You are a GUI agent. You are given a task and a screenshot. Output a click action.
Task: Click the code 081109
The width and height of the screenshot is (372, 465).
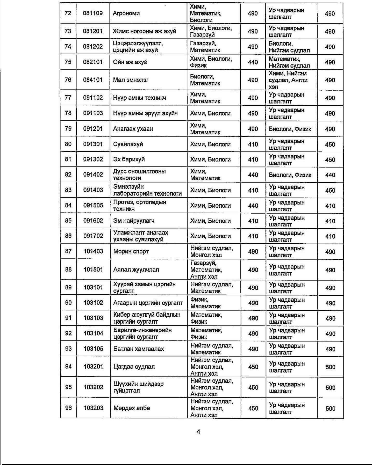coord(93,13)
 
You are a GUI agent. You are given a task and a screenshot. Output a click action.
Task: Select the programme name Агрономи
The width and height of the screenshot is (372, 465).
coord(126,13)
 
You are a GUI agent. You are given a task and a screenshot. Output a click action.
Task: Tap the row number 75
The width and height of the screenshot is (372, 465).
coord(68,62)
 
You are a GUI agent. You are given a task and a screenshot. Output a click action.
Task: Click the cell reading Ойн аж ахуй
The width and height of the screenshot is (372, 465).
coord(130,62)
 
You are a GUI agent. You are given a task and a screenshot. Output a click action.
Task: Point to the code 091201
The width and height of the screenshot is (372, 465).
coord(93,129)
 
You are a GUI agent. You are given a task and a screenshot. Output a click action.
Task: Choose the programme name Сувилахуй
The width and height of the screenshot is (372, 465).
coord(128,144)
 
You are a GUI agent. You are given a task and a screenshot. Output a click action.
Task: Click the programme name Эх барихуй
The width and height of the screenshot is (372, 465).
coord(129,159)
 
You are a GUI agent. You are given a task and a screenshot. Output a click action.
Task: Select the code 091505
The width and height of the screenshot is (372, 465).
coord(93,205)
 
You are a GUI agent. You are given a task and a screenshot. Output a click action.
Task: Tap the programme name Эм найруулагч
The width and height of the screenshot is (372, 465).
coord(134,221)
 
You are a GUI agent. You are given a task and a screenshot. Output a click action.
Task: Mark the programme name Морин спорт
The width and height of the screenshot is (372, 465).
coord(131,251)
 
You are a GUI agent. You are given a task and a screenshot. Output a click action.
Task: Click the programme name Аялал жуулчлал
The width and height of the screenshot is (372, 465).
coord(136,270)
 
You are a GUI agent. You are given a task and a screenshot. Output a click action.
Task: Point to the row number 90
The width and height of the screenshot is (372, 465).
coord(68,303)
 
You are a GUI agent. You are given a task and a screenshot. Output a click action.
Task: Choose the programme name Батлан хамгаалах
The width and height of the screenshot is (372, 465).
coord(139,349)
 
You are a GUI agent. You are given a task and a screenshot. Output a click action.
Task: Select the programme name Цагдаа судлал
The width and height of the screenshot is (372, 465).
coord(134,367)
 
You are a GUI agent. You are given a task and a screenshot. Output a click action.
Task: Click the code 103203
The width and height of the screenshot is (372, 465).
coord(93,408)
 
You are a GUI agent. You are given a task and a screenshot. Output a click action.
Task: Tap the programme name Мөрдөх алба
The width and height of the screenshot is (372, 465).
coord(132,408)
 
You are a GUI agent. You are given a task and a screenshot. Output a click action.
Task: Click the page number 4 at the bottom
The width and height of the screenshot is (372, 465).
coord(198,432)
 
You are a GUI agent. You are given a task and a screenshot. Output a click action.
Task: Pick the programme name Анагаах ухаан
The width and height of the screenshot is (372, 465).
coord(133,129)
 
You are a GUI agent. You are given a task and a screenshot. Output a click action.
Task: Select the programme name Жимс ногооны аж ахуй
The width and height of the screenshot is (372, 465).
coord(145,31)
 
